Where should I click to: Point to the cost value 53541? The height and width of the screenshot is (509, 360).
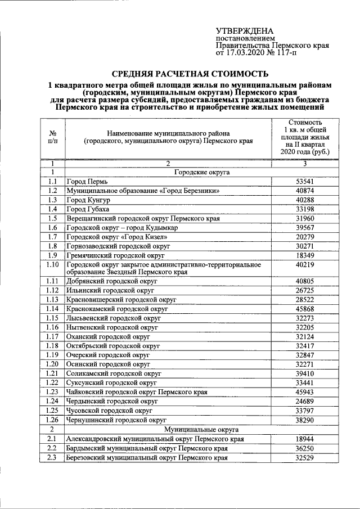click(305, 182)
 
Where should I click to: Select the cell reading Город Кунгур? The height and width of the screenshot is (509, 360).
click(88, 200)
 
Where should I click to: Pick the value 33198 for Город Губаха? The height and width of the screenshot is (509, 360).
click(305, 209)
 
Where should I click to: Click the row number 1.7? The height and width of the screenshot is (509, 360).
click(52, 236)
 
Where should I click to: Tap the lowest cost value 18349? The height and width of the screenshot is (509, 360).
click(305, 255)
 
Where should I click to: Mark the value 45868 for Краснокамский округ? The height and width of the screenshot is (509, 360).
click(305, 308)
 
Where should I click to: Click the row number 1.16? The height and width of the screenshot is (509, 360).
click(52, 327)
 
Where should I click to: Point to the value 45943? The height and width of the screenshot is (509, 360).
click(305, 391)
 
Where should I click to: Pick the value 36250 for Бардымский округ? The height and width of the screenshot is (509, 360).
click(305, 449)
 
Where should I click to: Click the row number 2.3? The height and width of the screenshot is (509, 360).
click(52, 458)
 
